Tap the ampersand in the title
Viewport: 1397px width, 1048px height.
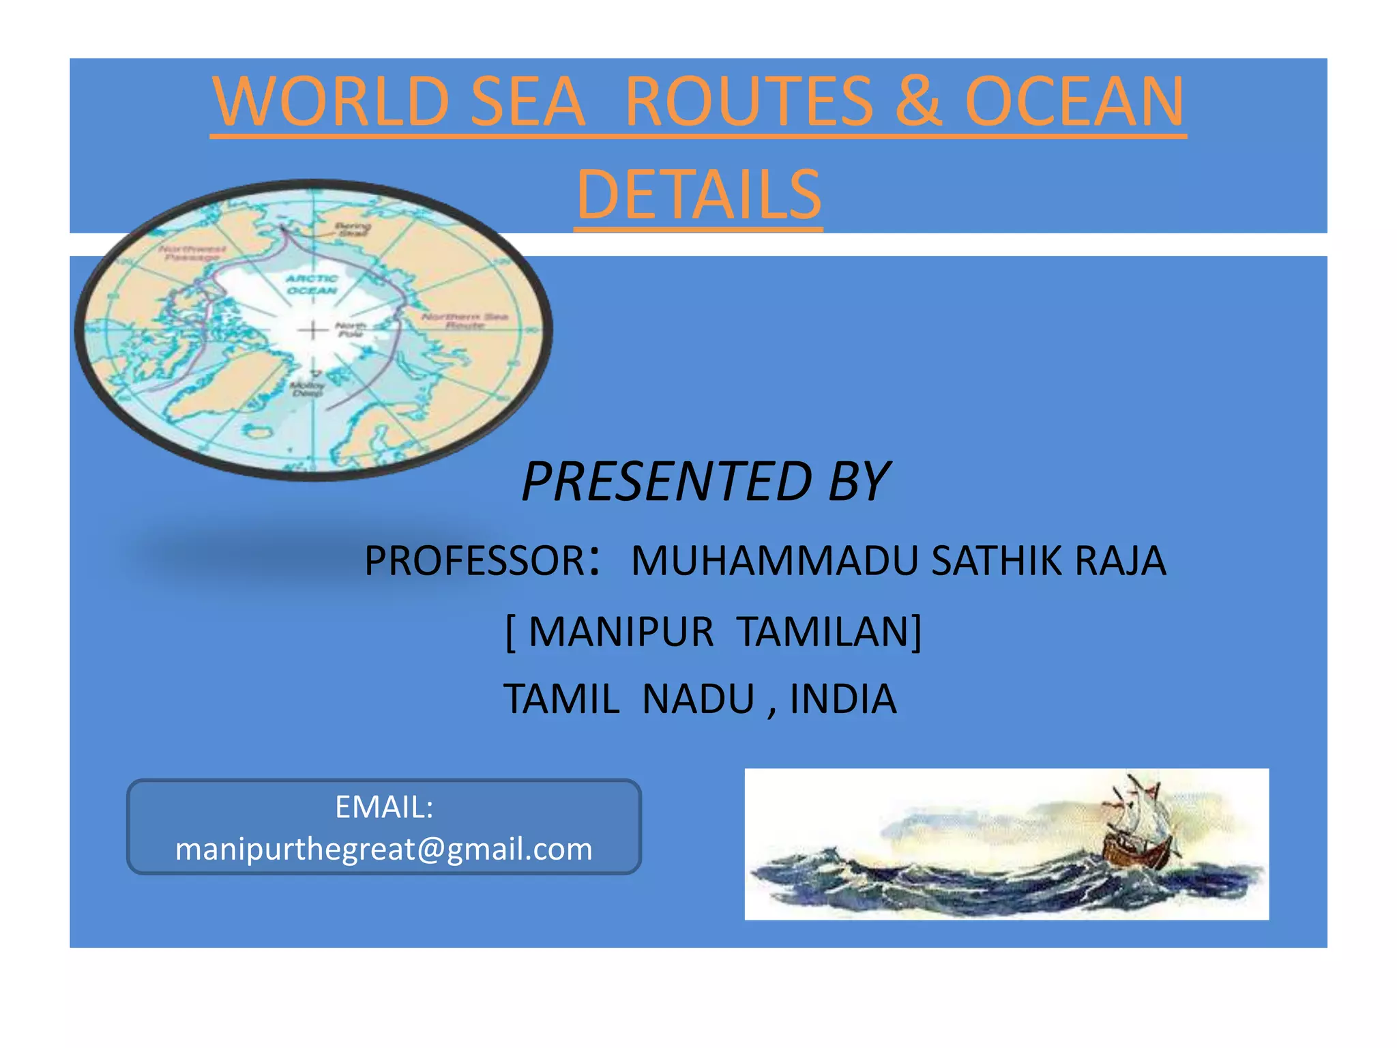pos(918,102)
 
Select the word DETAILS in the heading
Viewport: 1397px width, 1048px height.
pos(698,195)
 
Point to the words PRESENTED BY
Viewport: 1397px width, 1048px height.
pos(705,482)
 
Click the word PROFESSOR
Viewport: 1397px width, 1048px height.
pos(475,561)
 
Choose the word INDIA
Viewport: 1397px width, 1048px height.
pos(842,699)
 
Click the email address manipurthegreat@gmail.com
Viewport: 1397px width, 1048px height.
pos(384,849)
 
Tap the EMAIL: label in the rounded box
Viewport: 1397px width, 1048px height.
pos(384,807)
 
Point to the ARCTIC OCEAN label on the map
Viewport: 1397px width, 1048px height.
pos(312,285)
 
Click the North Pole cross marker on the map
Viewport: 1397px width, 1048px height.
pos(312,331)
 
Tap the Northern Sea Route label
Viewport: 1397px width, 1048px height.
pos(465,321)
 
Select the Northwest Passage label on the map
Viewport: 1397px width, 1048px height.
pos(193,252)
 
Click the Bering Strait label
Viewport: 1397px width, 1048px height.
pos(353,229)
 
